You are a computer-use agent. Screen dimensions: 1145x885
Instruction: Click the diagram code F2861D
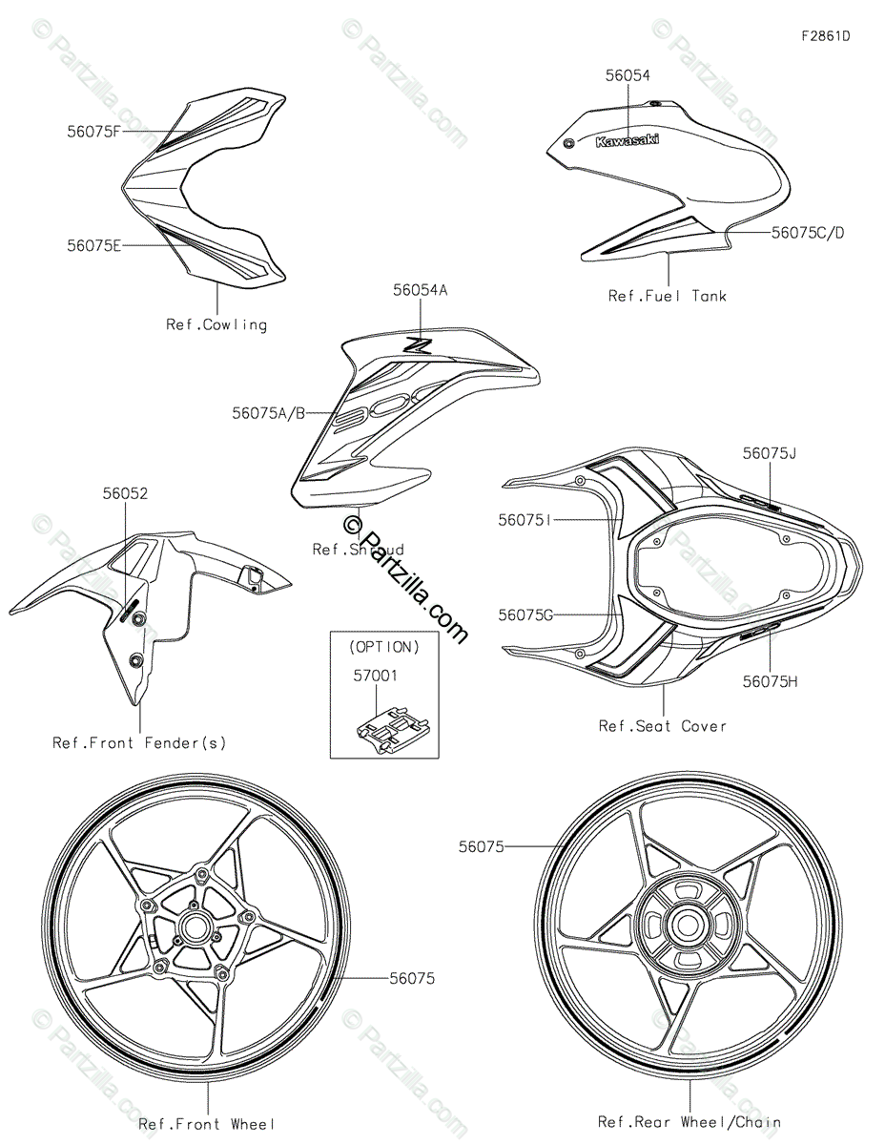pos(825,37)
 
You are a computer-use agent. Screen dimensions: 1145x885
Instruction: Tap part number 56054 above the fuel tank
pos(628,75)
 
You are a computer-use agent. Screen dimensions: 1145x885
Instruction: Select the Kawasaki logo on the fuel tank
pos(627,141)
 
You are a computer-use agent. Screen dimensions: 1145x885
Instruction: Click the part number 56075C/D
pos(808,232)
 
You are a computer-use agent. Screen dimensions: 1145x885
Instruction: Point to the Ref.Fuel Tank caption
pos(667,296)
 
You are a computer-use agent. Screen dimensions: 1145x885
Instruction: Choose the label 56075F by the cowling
pos(93,132)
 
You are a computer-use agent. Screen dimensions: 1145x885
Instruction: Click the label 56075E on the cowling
pos(93,245)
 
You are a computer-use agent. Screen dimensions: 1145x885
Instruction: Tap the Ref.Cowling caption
pos(216,324)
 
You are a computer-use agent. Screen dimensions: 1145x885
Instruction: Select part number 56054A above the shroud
pos(420,289)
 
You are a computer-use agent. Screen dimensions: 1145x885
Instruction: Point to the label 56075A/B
pos(269,413)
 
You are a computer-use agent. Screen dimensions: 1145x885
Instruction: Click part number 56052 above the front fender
pos(125,493)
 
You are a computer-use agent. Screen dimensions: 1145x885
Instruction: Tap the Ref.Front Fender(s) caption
pos(139,742)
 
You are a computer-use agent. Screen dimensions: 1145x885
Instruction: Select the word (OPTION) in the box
pos(384,647)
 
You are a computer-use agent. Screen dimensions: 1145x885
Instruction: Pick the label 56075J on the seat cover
pos(769,454)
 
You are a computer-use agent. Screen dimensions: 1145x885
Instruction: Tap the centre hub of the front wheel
pos(196,926)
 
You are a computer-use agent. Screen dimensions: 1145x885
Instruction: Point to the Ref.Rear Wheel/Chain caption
pos(689,1123)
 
